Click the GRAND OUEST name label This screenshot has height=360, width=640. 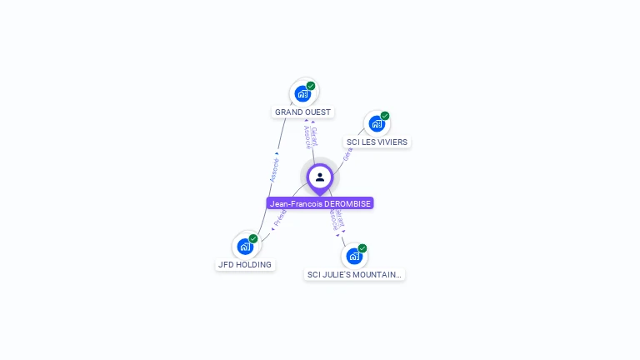[302, 112]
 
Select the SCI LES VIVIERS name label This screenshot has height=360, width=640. [377, 142]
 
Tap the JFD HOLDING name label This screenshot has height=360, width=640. [245, 265]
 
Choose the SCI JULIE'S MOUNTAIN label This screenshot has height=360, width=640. [354, 274]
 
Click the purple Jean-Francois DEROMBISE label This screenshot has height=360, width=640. [320, 203]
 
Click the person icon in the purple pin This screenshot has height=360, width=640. [320, 177]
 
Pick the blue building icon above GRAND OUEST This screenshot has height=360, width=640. [302, 93]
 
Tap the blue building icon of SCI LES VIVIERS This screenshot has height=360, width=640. [377, 124]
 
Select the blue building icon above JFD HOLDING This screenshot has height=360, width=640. [245, 247]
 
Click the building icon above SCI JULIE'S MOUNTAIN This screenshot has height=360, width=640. [354, 256]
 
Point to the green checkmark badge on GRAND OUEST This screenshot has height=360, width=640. [311, 86]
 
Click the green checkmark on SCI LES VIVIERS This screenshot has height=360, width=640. [385, 116]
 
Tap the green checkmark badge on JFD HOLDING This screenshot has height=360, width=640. [253, 239]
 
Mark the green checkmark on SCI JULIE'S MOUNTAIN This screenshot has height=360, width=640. [362, 248]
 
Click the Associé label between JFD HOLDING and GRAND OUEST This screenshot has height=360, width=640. [274, 170]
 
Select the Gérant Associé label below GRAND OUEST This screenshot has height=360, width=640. [310, 135]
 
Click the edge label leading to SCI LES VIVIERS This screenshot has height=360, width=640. [347, 154]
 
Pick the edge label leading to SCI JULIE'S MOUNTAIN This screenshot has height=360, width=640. [335, 220]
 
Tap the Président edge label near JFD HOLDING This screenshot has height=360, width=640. [280, 218]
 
